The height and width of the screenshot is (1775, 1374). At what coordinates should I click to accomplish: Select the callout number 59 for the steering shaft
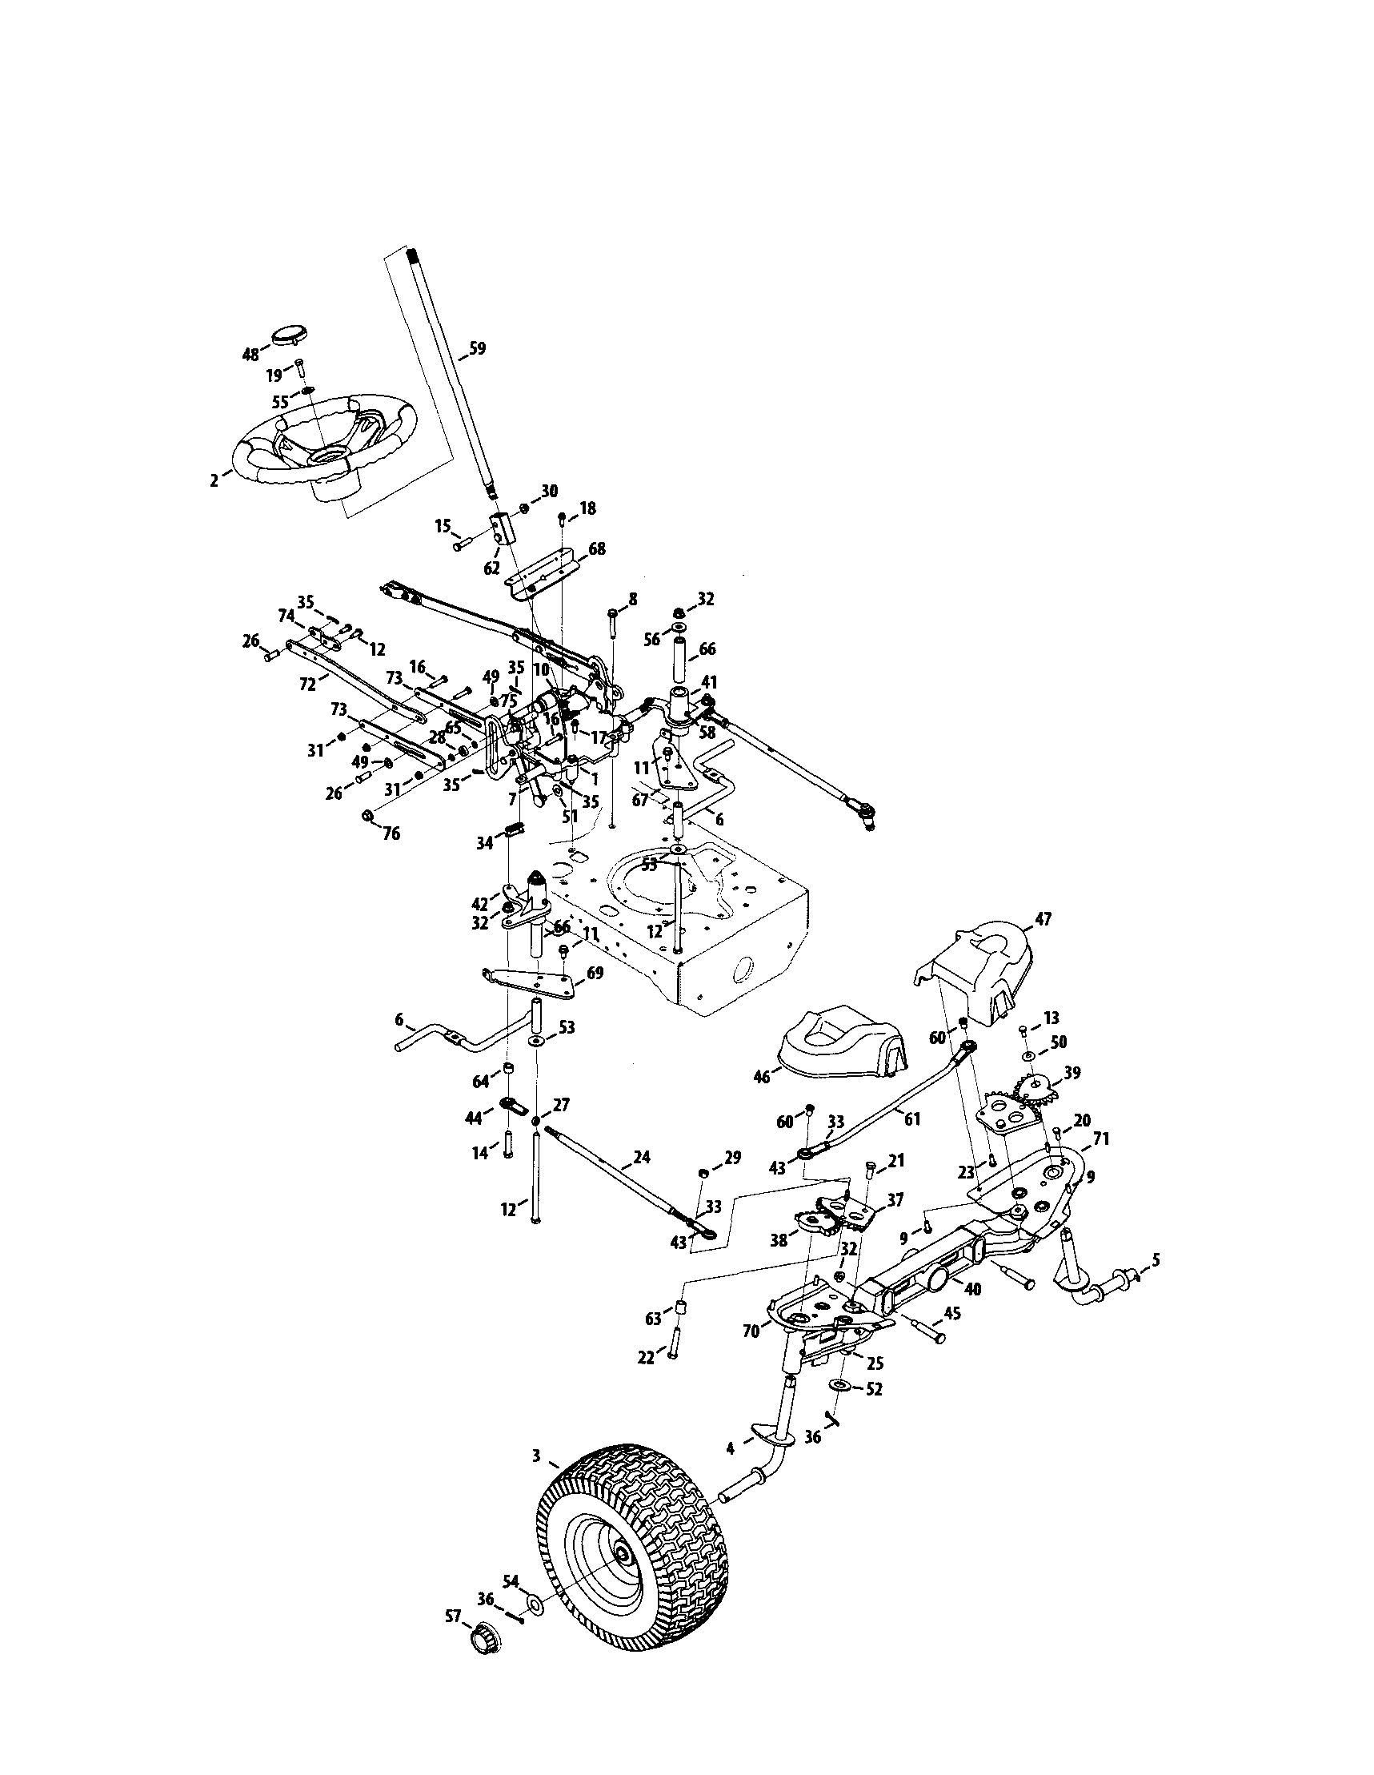477,349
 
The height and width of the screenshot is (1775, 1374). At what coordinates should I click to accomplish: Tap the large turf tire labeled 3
634,1536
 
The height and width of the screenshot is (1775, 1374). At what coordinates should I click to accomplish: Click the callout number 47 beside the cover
1043,919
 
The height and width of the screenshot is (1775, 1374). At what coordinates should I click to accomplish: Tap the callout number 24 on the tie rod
642,1158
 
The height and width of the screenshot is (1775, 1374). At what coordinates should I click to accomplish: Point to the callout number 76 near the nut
391,834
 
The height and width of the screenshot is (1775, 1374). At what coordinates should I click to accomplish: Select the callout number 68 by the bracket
597,549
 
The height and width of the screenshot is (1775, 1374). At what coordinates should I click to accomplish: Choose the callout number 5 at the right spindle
1156,1260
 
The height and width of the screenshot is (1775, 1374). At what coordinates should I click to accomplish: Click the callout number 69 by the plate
595,973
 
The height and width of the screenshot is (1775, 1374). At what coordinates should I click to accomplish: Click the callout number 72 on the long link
308,685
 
